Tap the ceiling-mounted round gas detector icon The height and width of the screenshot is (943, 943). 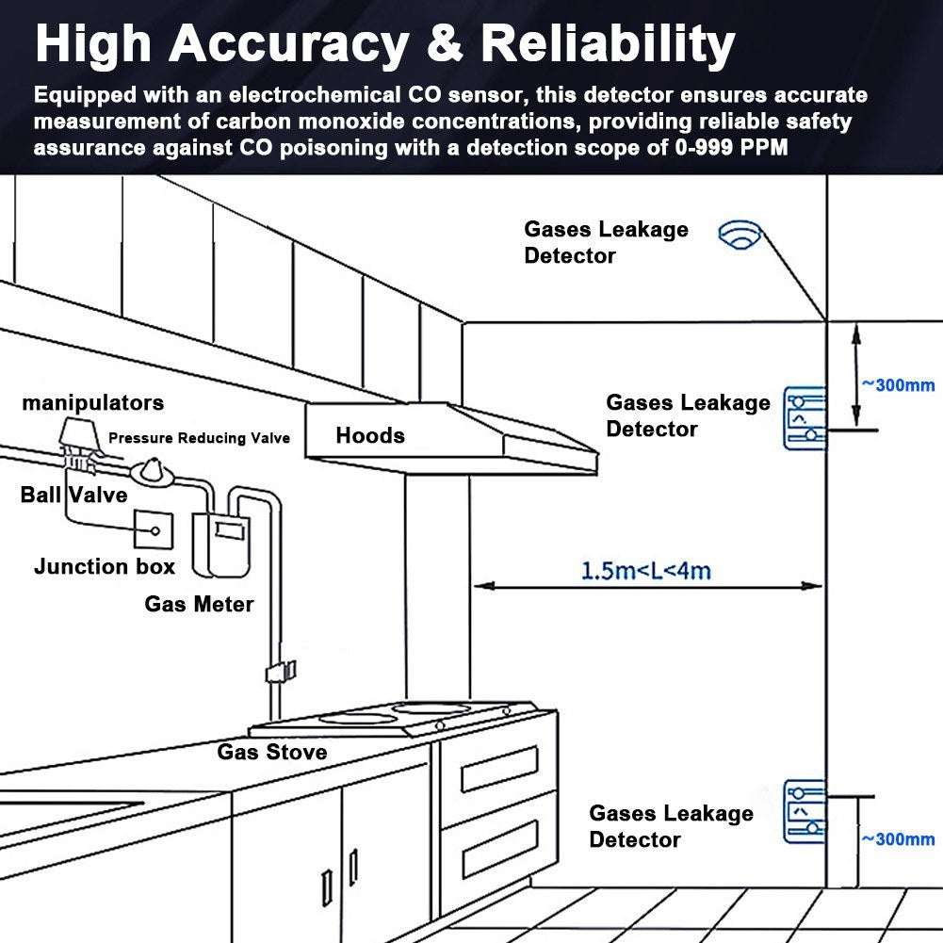pos(739,235)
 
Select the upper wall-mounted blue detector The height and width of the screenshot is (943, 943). pos(805,416)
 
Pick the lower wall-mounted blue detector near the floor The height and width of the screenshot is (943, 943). pos(805,810)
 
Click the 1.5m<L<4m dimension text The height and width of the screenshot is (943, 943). pos(645,570)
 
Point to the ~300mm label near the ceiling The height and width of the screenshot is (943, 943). pos(898,384)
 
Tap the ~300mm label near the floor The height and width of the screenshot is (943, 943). pos(898,839)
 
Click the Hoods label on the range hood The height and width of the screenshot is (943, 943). pos(370,435)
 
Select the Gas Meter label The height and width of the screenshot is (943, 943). pos(199,604)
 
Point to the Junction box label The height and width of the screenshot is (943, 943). pos(105,567)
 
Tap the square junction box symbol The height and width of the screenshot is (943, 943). pos(154,530)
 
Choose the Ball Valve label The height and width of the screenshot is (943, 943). pos(73,495)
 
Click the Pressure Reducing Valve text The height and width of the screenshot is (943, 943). pos(199,438)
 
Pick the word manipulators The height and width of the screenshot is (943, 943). pos(93,403)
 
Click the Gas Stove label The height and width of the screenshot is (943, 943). pos(272,752)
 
